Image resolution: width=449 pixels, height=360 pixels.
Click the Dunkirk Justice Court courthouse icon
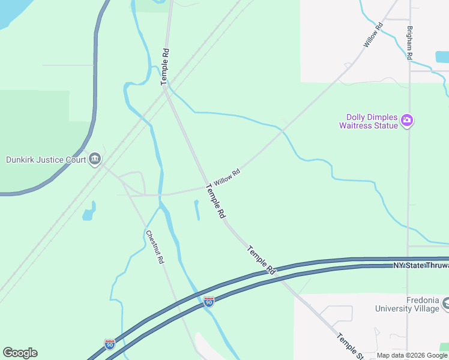pos(94,159)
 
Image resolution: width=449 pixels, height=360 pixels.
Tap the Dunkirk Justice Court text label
pos(44,160)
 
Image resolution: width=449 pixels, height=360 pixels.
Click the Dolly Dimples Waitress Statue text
pos(369,122)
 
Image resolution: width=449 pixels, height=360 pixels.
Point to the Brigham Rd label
pos(409,43)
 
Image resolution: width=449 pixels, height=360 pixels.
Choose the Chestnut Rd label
pos(155,248)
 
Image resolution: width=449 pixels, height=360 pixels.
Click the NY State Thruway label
pos(420,265)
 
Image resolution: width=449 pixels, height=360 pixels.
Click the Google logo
pos(20,353)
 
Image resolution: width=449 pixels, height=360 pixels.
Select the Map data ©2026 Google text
pos(412,356)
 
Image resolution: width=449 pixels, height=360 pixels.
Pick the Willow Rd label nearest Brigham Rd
pos(373,35)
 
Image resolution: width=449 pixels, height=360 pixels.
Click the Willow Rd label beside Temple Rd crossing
pos(227,177)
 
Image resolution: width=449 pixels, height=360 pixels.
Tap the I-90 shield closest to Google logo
pos(109,344)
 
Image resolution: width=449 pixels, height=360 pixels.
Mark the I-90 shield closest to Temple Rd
pos(208,301)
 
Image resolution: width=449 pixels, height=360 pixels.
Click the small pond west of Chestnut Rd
pos(88,212)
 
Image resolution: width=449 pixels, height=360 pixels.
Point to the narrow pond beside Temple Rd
pos(197,210)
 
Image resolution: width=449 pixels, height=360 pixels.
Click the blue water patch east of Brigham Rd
pos(442,57)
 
